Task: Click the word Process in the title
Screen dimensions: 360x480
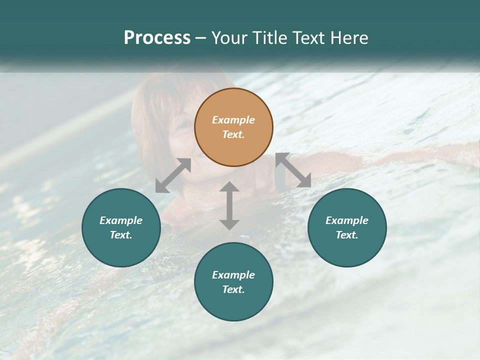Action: point(157,38)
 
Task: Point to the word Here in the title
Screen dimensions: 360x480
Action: point(351,38)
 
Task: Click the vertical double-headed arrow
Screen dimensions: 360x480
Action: point(229,205)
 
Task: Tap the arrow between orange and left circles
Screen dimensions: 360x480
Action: point(173,175)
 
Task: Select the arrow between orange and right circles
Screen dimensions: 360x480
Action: point(293,170)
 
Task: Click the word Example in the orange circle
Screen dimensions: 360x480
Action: point(233,120)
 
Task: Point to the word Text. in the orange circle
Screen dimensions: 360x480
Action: point(233,134)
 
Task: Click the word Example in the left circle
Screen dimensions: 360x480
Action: point(121,220)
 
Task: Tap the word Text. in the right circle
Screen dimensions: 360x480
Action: point(347,235)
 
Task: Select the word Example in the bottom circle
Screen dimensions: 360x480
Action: point(233,275)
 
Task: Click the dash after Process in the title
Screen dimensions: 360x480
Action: point(201,38)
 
